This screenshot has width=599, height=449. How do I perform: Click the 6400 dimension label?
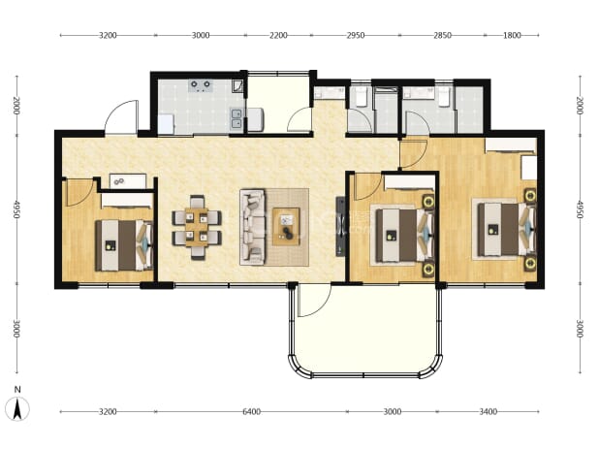coord(251,411)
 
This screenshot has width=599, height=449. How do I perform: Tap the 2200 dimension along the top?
coord(278,35)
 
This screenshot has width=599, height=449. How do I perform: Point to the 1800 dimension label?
coord(512,35)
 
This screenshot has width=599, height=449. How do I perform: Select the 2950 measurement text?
coord(356,35)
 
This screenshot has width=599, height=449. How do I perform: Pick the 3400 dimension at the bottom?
coord(488,411)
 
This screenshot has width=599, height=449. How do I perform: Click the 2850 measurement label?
coord(442,35)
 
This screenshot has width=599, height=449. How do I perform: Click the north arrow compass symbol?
coord(17,408)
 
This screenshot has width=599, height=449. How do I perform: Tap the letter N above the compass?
coord(17,390)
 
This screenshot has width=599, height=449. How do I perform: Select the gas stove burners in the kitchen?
coord(201,86)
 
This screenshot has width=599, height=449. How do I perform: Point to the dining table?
coord(197,227)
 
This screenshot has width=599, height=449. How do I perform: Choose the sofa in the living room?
coord(252,227)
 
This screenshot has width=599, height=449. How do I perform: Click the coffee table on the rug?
coord(286,226)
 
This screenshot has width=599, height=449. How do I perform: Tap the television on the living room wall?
coord(340,226)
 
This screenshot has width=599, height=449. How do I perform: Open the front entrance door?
coord(121,116)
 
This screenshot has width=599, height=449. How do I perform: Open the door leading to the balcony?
coord(314,301)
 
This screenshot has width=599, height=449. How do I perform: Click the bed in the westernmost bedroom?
coord(124,245)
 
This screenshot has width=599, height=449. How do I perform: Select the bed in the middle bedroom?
coord(405,235)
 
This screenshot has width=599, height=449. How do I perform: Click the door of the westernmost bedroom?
coord(80,192)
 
